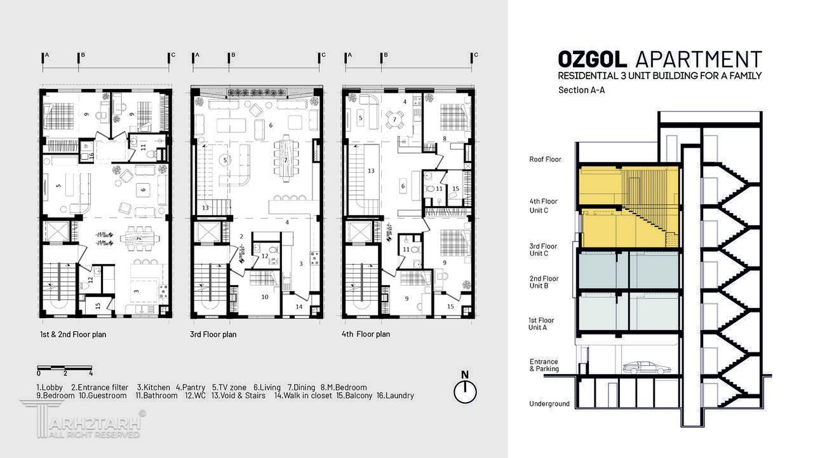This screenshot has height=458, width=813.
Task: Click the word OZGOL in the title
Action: (x=592, y=60)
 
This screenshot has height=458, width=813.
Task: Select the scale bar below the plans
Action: (x=64, y=368)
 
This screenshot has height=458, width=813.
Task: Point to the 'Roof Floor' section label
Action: (x=545, y=160)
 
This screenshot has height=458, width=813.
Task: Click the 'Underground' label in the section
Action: (x=549, y=404)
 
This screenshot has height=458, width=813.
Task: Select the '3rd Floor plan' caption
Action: (x=213, y=335)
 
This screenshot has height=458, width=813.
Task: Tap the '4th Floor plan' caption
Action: (x=366, y=334)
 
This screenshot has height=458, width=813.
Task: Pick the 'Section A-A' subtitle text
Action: (x=581, y=90)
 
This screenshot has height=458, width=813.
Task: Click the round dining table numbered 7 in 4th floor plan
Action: (x=394, y=120)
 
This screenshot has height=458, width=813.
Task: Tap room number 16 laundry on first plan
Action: (x=91, y=155)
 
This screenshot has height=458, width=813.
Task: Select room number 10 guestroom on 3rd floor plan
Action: (x=264, y=296)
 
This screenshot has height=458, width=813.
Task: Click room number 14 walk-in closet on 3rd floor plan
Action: (x=299, y=307)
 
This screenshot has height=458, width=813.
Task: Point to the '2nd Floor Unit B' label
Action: (x=544, y=282)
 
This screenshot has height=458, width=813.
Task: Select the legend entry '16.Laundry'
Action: (x=395, y=396)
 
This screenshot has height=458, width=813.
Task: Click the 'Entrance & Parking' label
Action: (x=544, y=365)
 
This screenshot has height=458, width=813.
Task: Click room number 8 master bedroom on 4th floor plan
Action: (x=445, y=138)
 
